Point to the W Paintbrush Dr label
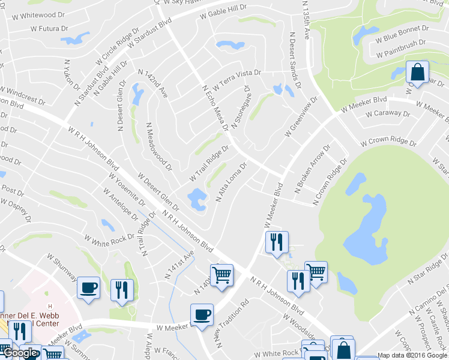tap(401, 48)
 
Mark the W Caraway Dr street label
tap(387, 113)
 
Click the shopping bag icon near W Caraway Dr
tap(417, 72)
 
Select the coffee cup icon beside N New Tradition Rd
tap(202, 314)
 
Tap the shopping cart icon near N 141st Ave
tap(221, 275)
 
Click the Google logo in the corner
tap(20, 353)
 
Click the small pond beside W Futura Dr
tap(73, 40)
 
